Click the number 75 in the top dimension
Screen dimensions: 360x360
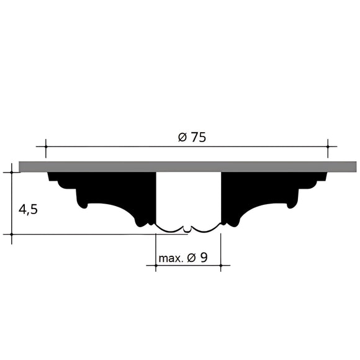click(x=197, y=138)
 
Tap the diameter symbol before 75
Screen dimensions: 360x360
click(x=182, y=138)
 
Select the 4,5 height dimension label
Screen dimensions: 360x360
click(x=28, y=209)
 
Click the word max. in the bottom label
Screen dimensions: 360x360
click(x=171, y=258)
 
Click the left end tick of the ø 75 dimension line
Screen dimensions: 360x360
click(x=45, y=147)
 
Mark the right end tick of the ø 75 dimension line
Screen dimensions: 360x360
click(x=328, y=147)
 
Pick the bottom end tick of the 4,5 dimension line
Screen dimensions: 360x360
click(x=12, y=235)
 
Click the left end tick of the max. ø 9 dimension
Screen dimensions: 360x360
click(x=155, y=266)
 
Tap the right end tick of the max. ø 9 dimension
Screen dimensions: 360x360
click(x=221, y=266)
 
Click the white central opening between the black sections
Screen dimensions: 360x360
click(x=187, y=199)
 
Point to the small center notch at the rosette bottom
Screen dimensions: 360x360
click(x=188, y=229)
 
